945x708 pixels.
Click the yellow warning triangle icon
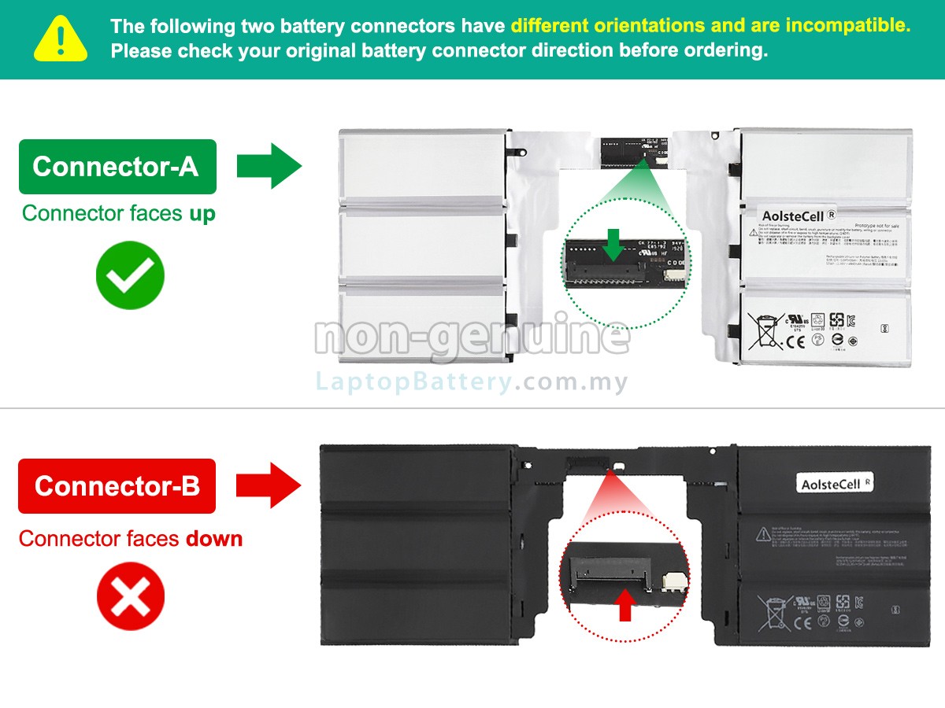[x=60, y=39]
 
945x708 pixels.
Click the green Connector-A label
[x=117, y=167]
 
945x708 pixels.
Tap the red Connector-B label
[x=117, y=486]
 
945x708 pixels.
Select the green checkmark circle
[x=130, y=275]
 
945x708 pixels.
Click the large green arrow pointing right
[x=269, y=166]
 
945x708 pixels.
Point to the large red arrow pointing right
[x=269, y=485]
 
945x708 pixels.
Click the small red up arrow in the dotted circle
[x=626, y=607]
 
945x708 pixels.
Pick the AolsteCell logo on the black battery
[x=835, y=484]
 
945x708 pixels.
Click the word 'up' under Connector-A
[x=202, y=214]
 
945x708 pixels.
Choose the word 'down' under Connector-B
[x=214, y=540]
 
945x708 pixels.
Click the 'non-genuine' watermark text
[x=472, y=336]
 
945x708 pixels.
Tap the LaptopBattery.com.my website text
[x=472, y=383]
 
